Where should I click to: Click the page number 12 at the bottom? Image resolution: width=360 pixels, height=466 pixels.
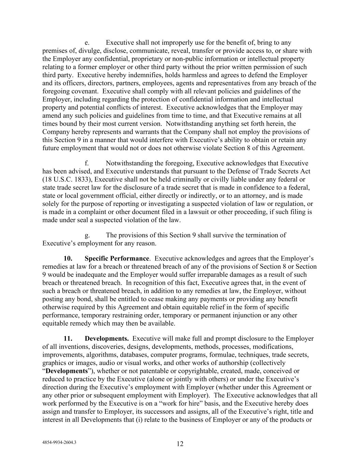click(180, 444)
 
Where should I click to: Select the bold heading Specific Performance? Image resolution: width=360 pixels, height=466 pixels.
click(117, 258)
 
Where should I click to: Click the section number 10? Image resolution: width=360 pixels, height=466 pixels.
click(68, 258)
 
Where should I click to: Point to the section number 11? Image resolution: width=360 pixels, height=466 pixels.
click(68, 339)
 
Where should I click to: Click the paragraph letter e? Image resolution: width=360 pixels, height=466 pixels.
click(87, 43)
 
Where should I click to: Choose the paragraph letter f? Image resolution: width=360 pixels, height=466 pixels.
click(87, 163)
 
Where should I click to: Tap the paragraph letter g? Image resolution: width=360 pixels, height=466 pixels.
click(87, 235)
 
